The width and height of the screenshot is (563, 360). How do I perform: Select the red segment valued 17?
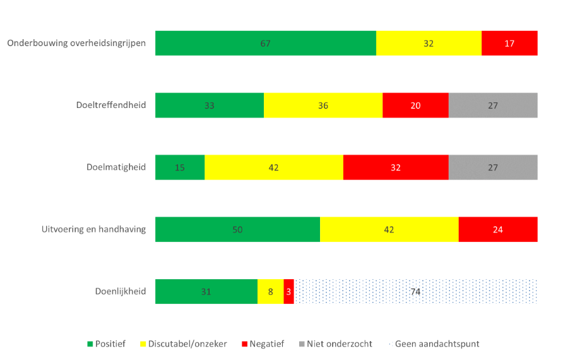coord(509,43)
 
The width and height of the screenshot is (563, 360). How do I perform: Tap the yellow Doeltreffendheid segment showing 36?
coord(323,105)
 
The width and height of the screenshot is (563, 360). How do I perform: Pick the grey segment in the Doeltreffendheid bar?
coord(493,105)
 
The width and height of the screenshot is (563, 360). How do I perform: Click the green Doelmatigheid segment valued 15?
coord(180,167)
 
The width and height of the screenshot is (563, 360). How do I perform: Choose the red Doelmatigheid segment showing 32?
coord(396,167)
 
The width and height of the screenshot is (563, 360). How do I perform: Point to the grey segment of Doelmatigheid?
coord(493,167)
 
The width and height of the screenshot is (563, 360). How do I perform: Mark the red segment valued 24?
coord(498,229)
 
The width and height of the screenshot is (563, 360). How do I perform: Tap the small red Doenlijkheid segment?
coord(288,291)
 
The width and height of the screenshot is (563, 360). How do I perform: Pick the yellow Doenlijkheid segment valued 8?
coord(270,291)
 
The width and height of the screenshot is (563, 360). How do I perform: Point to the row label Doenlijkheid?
coord(121,291)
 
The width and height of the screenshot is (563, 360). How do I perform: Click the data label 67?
coord(265,44)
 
